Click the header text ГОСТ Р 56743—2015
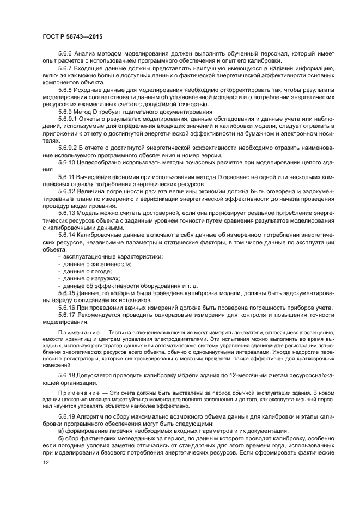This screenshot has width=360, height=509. [72, 36]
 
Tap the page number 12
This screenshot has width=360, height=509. [46, 463]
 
